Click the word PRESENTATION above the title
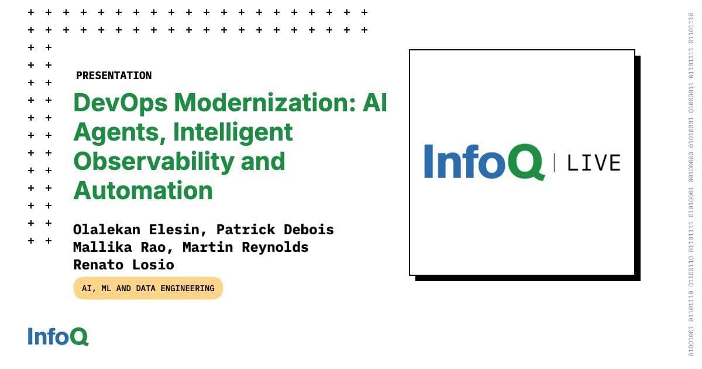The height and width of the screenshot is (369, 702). [x=113, y=76]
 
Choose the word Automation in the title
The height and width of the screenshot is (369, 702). [x=143, y=191]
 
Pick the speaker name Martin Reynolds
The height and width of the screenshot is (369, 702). [x=245, y=247]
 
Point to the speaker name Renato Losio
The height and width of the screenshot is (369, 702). [x=123, y=264]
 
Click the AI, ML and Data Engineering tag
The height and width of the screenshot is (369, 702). [x=148, y=288]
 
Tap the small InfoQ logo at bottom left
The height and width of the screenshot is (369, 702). [x=58, y=336]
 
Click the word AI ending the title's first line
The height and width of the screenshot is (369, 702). [x=374, y=104]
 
